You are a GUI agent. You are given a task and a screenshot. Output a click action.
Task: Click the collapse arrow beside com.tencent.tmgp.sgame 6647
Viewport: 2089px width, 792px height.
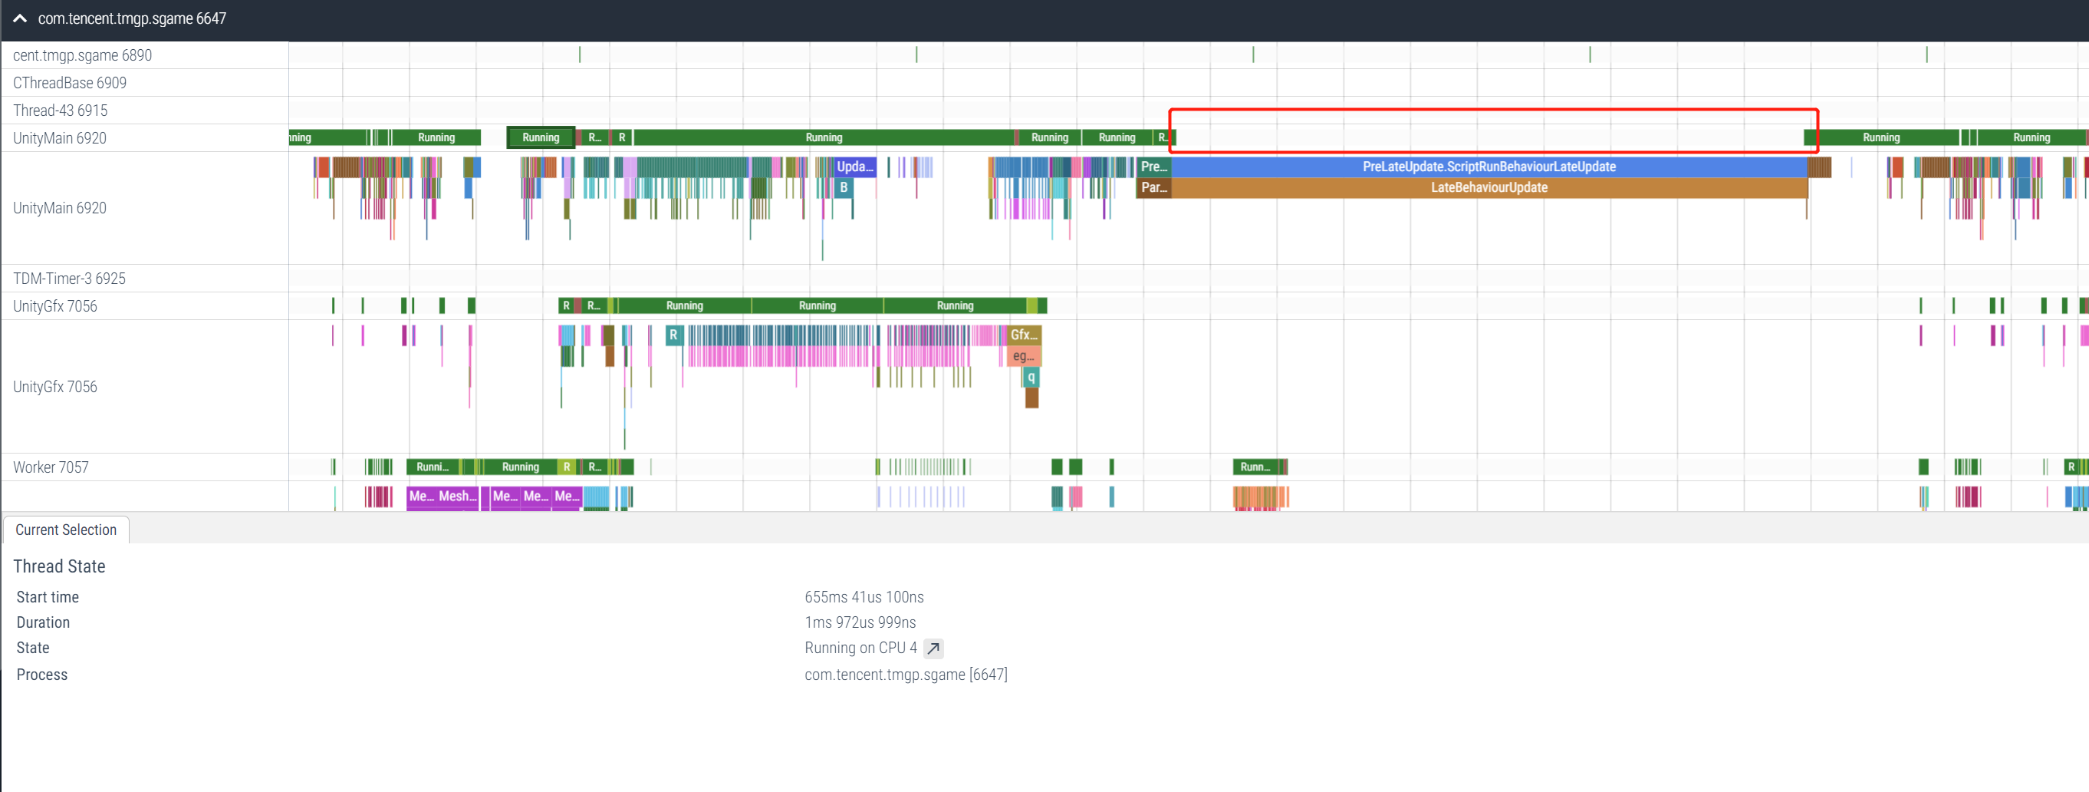20,18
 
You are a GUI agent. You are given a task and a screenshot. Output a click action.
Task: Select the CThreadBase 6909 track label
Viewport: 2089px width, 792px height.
70,83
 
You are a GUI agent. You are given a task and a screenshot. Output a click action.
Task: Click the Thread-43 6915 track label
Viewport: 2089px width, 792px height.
60,111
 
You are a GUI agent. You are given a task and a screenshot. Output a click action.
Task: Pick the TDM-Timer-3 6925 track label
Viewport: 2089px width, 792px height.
69,279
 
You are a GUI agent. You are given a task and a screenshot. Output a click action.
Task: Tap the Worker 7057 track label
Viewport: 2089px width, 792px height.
51,467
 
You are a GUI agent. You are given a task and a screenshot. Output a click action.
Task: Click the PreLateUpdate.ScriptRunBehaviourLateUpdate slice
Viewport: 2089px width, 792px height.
1488,167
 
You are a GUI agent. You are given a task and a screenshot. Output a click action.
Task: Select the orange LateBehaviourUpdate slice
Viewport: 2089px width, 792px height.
1488,187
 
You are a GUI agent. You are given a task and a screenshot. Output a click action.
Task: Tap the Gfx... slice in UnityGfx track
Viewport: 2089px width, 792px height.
1024,335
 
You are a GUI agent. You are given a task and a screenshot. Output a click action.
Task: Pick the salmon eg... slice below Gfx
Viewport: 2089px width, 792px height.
1024,356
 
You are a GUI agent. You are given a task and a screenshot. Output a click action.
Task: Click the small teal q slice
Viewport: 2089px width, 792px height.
1031,378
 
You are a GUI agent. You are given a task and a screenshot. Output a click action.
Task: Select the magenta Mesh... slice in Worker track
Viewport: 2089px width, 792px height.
457,496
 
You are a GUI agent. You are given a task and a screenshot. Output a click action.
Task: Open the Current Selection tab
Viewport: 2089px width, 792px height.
66,530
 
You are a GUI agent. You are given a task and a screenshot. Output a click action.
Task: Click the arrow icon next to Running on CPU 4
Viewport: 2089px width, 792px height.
933,648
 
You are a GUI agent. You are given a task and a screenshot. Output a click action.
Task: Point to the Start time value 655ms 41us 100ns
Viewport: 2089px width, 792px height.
864,597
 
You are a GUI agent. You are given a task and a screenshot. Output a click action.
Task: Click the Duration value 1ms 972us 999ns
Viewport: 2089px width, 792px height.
860,622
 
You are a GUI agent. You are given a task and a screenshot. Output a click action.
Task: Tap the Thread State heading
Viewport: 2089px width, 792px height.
59,566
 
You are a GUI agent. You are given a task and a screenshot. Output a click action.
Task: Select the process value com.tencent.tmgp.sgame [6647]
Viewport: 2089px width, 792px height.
905,675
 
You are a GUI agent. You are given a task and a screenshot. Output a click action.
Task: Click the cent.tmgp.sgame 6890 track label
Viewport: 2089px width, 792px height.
82,55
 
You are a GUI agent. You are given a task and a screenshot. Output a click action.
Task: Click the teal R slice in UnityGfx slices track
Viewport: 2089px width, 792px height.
673,335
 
